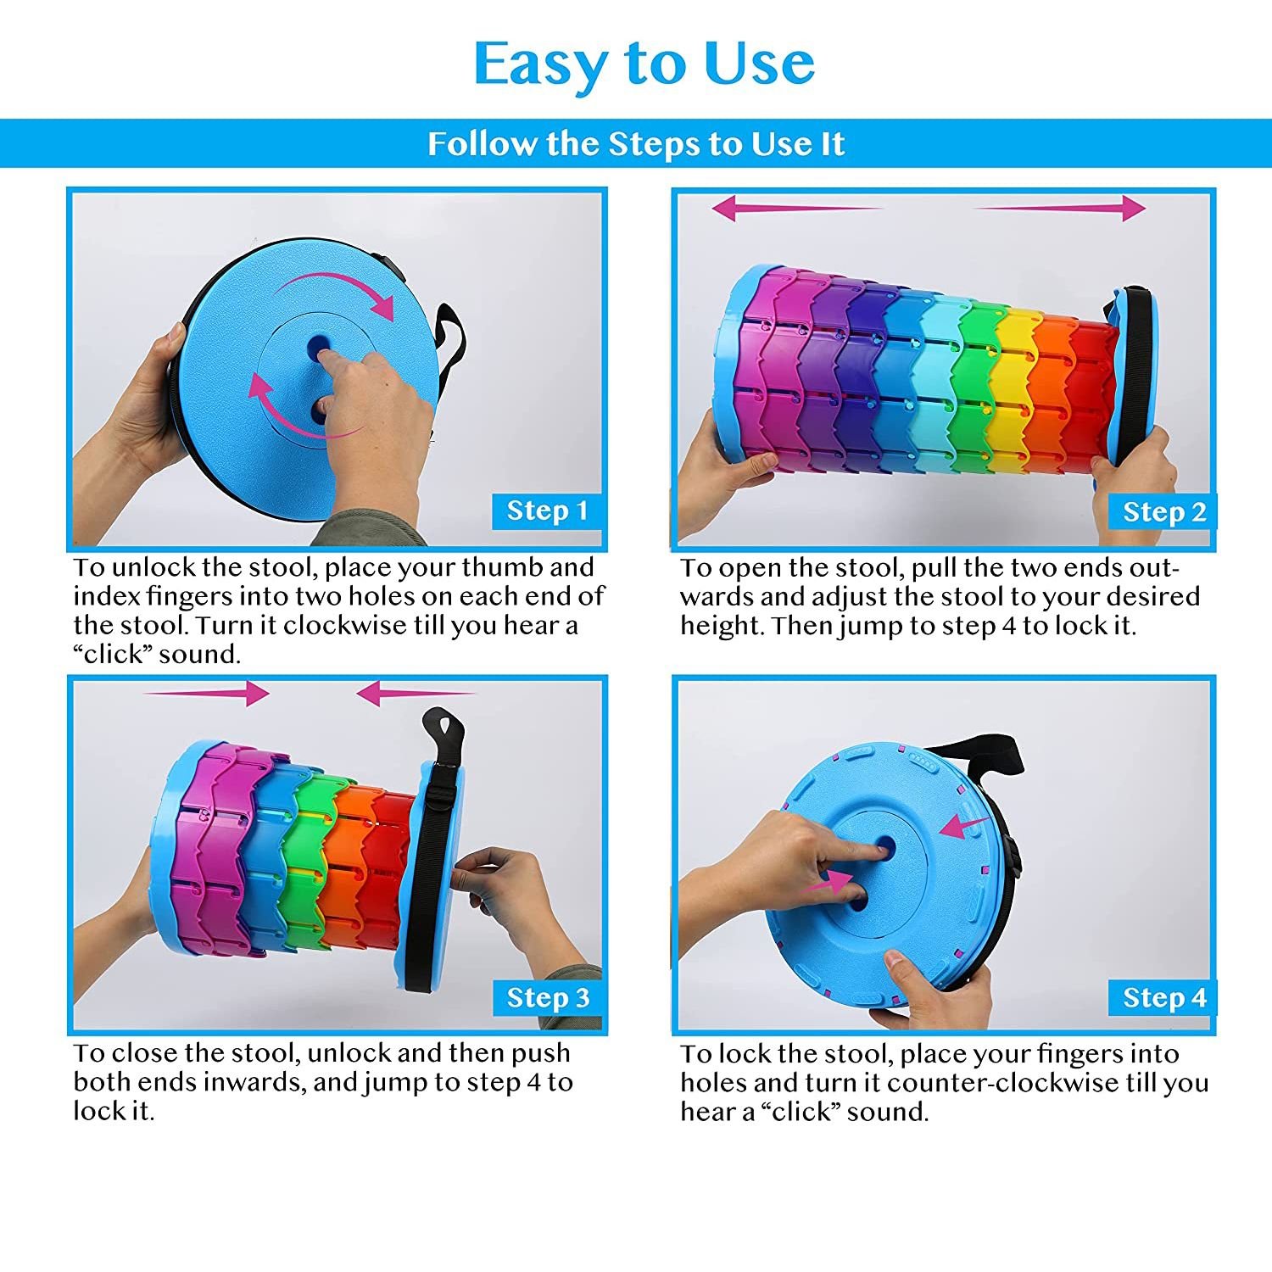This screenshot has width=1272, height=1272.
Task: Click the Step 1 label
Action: [x=547, y=510]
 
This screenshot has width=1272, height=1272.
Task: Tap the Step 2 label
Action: [x=1163, y=512]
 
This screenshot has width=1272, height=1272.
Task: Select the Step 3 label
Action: [x=547, y=997]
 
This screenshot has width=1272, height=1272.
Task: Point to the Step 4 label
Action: [x=1163, y=997]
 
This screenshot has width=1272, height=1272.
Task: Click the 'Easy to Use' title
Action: [x=644, y=64]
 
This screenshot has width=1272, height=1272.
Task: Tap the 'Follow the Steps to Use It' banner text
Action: [x=636, y=143]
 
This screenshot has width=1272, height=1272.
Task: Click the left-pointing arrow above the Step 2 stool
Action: [x=797, y=208]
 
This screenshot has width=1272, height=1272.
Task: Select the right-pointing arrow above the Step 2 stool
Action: [x=1060, y=208]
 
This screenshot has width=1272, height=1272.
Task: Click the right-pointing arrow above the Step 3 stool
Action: [x=206, y=694]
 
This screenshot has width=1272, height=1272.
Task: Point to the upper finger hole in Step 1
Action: [x=319, y=345]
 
